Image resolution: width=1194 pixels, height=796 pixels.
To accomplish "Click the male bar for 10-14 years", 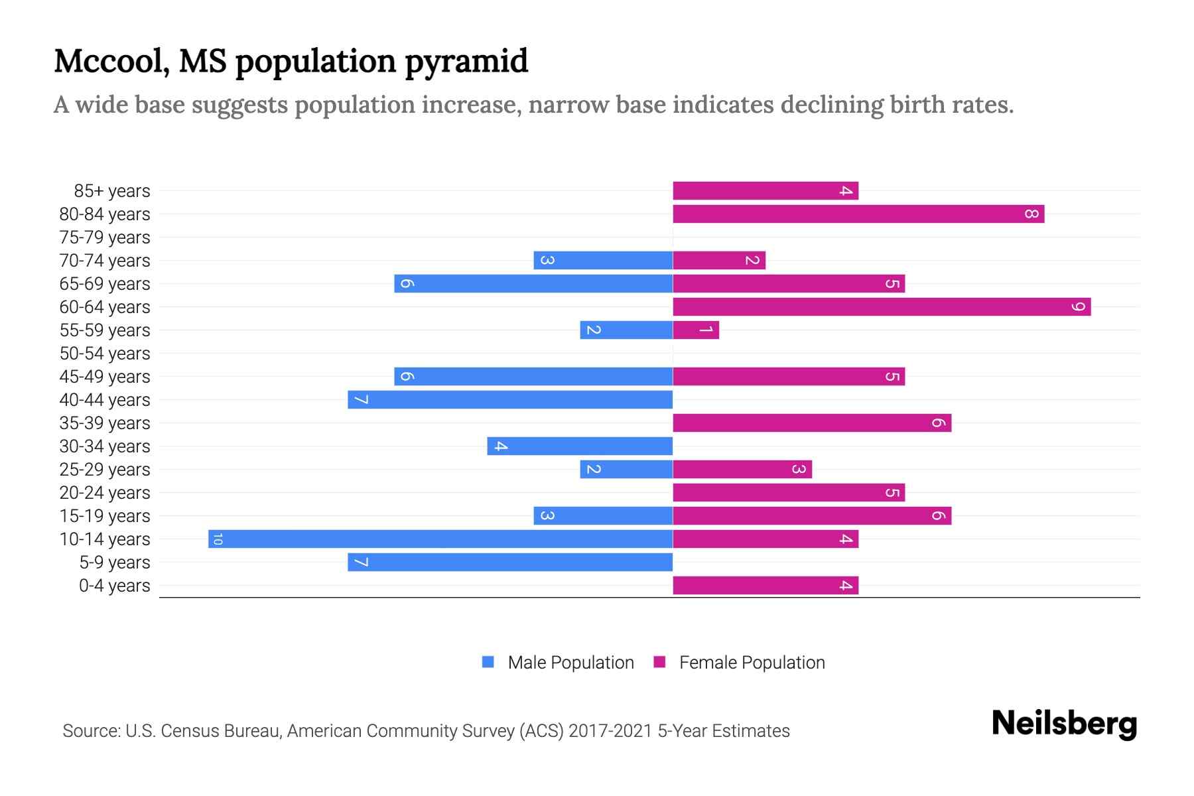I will pos(440,539).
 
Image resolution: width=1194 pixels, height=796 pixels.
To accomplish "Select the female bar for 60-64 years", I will pos(882,306).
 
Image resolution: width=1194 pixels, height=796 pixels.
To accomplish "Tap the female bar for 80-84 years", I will pos(858,214).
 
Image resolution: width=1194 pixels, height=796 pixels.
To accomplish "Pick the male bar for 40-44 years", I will pos(510,399).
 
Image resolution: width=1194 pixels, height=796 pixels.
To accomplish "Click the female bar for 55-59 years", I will pos(696,330).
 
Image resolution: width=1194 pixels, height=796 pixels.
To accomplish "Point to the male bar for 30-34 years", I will pos(580,446).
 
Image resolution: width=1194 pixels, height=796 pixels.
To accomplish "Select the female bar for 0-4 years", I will pos(765,585).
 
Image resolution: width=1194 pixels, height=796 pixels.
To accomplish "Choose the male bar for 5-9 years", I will pos(510,562).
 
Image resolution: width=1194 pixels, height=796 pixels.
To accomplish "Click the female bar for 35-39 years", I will pos(812,423).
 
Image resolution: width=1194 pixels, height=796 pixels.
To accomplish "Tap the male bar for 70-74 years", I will pos(603,260).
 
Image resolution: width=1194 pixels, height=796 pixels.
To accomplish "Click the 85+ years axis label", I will pos(111,191).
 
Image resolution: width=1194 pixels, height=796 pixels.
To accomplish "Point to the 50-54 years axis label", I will pos(105,354).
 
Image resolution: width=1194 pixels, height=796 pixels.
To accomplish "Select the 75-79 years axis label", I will pos(105,237).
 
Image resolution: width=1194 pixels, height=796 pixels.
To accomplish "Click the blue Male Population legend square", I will pos(488,662).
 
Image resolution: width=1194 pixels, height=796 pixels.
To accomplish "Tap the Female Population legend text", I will pos(752,662).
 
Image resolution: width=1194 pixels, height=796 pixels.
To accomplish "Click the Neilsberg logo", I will pos(1064,724).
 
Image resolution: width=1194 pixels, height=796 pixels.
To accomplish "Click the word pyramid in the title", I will pos(466,62).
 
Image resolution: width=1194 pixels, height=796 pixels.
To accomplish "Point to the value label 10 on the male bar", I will pos(218,539).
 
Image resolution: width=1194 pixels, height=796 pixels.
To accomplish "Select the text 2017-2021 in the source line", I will pos(610,731).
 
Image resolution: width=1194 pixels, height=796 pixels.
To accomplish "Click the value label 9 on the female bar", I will pos(1079,306).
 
